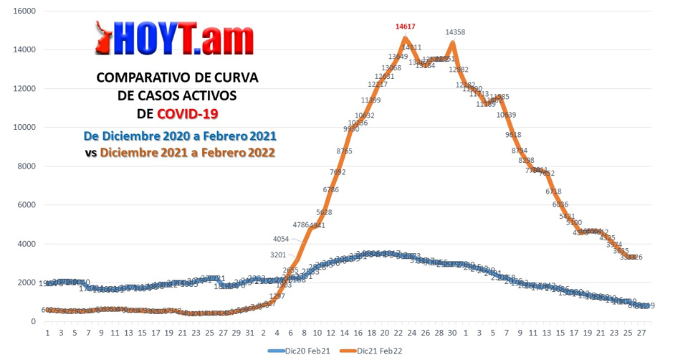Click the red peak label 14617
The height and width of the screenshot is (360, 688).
point(406,27)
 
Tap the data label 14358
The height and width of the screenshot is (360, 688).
point(456,32)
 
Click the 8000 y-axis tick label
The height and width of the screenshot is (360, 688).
point(27,166)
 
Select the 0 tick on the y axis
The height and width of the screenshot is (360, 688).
point(33,321)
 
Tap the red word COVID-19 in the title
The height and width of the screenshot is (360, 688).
point(188,114)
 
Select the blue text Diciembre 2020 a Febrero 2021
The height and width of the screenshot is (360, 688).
point(180,136)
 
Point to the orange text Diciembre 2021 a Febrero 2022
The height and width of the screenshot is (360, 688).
point(187,153)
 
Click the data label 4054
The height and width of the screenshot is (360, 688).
point(282,239)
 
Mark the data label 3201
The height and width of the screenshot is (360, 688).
point(279,255)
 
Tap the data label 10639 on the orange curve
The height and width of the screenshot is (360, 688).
point(506,115)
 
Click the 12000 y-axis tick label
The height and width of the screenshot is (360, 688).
point(24,89)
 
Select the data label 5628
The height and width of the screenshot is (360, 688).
point(324,212)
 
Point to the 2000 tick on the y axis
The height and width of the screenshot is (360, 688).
point(27,283)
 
